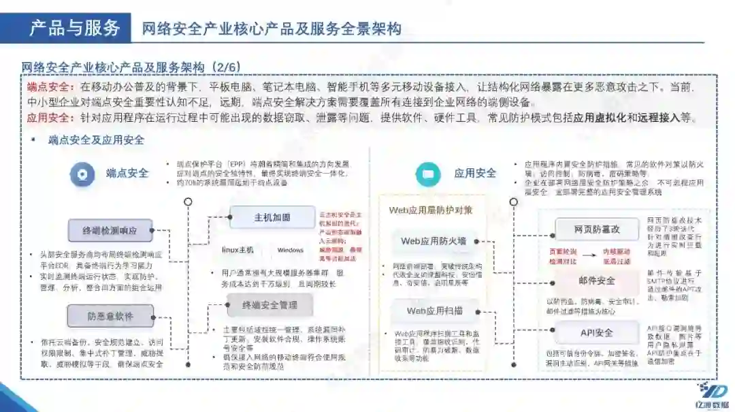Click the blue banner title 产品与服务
75,28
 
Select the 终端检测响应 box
110,231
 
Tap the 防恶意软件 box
110,317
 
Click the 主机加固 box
272,217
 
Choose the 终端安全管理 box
270,305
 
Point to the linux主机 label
238,250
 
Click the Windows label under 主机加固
290,250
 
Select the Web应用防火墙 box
434,241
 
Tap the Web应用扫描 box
434,311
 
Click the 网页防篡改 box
596,229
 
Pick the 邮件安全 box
596,281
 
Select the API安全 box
596,332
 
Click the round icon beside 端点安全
82,174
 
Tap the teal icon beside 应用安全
428,174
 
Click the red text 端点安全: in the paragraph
52,88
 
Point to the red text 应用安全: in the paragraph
52,118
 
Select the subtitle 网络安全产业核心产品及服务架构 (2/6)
131,67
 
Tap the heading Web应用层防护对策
430,210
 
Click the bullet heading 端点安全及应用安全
96,140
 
